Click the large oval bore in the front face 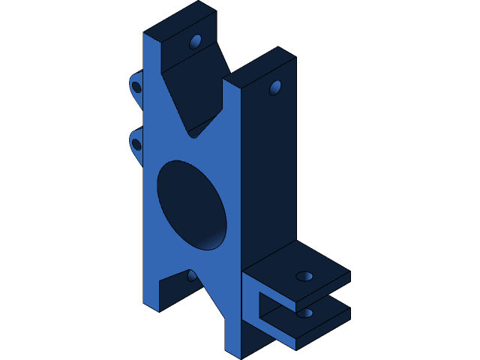(x=191, y=204)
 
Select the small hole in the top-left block (x=196, y=41)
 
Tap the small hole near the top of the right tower (x=275, y=88)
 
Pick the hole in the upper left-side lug (x=136, y=87)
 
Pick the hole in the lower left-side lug (x=136, y=143)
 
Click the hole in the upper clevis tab (x=304, y=276)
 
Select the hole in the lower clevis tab (x=304, y=313)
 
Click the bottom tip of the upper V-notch (x=193, y=135)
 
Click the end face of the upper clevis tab (x=322, y=288)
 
